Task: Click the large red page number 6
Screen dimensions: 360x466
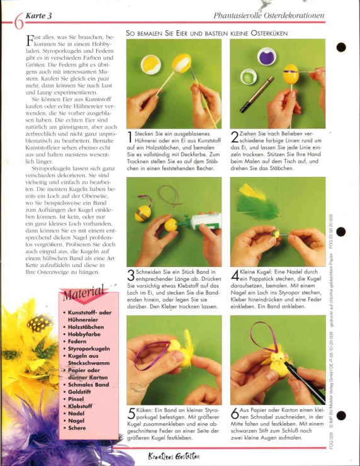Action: click(x=19, y=21)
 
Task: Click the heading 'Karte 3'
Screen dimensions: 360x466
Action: click(x=38, y=16)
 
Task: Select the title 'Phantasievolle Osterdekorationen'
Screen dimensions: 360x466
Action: click(x=269, y=16)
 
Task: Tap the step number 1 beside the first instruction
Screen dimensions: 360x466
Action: click(x=130, y=137)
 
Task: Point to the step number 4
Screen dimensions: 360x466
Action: click(x=235, y=276)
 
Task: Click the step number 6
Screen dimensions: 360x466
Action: click(x=235, y=413)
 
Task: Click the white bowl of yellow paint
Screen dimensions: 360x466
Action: click(x=150, y=64)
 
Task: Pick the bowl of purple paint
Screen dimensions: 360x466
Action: click(x=266, y=56)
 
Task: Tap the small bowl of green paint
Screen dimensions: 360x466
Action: click(x=249, y=76)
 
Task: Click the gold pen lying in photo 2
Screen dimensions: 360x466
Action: click(x=257, y=94)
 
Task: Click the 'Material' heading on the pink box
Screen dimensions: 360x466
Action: click(x=84, y=292)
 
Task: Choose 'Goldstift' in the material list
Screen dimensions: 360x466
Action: click(x=79, y=392)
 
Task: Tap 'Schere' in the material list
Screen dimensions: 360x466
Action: click(x=77, y=428)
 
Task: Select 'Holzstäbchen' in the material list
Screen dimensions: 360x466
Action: click(x=86, y=327)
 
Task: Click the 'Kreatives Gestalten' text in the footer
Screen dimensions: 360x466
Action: click(x=174, y=457)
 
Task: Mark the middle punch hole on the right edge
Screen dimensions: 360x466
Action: click(x=340, y=232)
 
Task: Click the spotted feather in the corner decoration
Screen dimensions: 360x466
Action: click(x=39, y=323)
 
